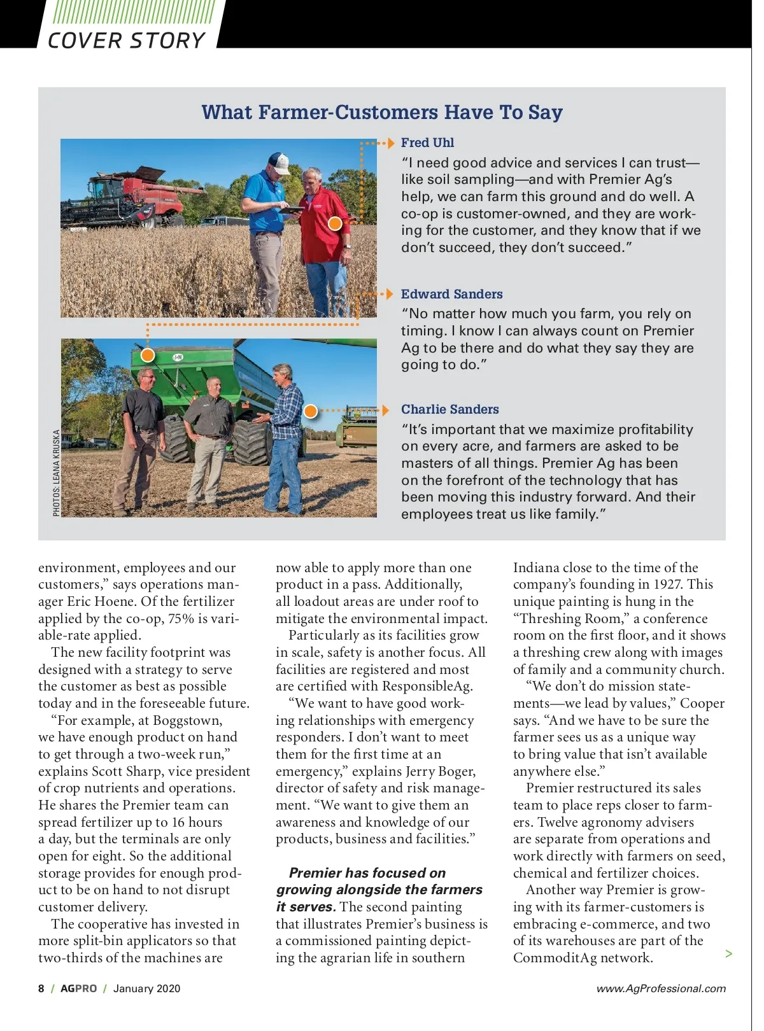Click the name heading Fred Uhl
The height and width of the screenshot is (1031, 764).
tap(427, 143)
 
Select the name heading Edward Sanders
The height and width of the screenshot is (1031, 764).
tap(451, 294)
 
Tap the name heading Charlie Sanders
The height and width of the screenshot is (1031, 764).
tap(449, 409)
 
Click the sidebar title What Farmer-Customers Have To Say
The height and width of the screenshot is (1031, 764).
tap(382, 113)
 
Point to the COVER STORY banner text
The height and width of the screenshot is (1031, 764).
tap(126, 41)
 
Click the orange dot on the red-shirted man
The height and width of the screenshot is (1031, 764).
tap(335, 223)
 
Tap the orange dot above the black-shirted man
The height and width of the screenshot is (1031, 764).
tap(147, 354)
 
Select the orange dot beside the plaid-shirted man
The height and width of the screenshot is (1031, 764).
tap(310, 410)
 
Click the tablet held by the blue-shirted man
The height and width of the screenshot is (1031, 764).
tap(294, 209)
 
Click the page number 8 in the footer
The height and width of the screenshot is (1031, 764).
tap(41, 988)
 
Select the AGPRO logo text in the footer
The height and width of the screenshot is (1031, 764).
tap(79, 988)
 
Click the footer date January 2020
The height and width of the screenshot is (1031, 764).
tap(146, 988)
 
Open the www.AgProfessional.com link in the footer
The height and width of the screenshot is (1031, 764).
tap(661, 988)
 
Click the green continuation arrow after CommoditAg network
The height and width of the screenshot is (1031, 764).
tap(729, 953)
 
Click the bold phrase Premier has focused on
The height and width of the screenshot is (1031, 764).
tap(367, 873)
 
